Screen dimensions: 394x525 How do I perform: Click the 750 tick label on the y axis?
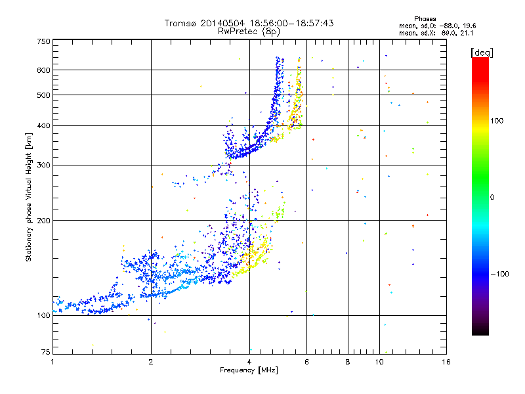click(44, 41)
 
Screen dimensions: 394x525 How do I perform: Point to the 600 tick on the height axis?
click(44, 70)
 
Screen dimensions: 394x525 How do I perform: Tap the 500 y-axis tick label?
click(44, 95)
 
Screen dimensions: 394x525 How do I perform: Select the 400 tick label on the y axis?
click(44, 125)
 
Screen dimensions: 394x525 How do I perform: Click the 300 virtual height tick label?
click(44, 165)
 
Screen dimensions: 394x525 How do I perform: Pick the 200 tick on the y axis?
click(44, 220)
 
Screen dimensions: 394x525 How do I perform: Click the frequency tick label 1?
click(52, 362)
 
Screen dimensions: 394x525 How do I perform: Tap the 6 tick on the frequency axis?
click(306, 362)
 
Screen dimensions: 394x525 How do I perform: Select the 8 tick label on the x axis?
click(348, 362)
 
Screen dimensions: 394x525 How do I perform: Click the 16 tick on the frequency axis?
click(446, 362)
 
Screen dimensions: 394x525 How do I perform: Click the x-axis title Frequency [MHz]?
click(249, 370)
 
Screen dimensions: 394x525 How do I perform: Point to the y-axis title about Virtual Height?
click(29, 198)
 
